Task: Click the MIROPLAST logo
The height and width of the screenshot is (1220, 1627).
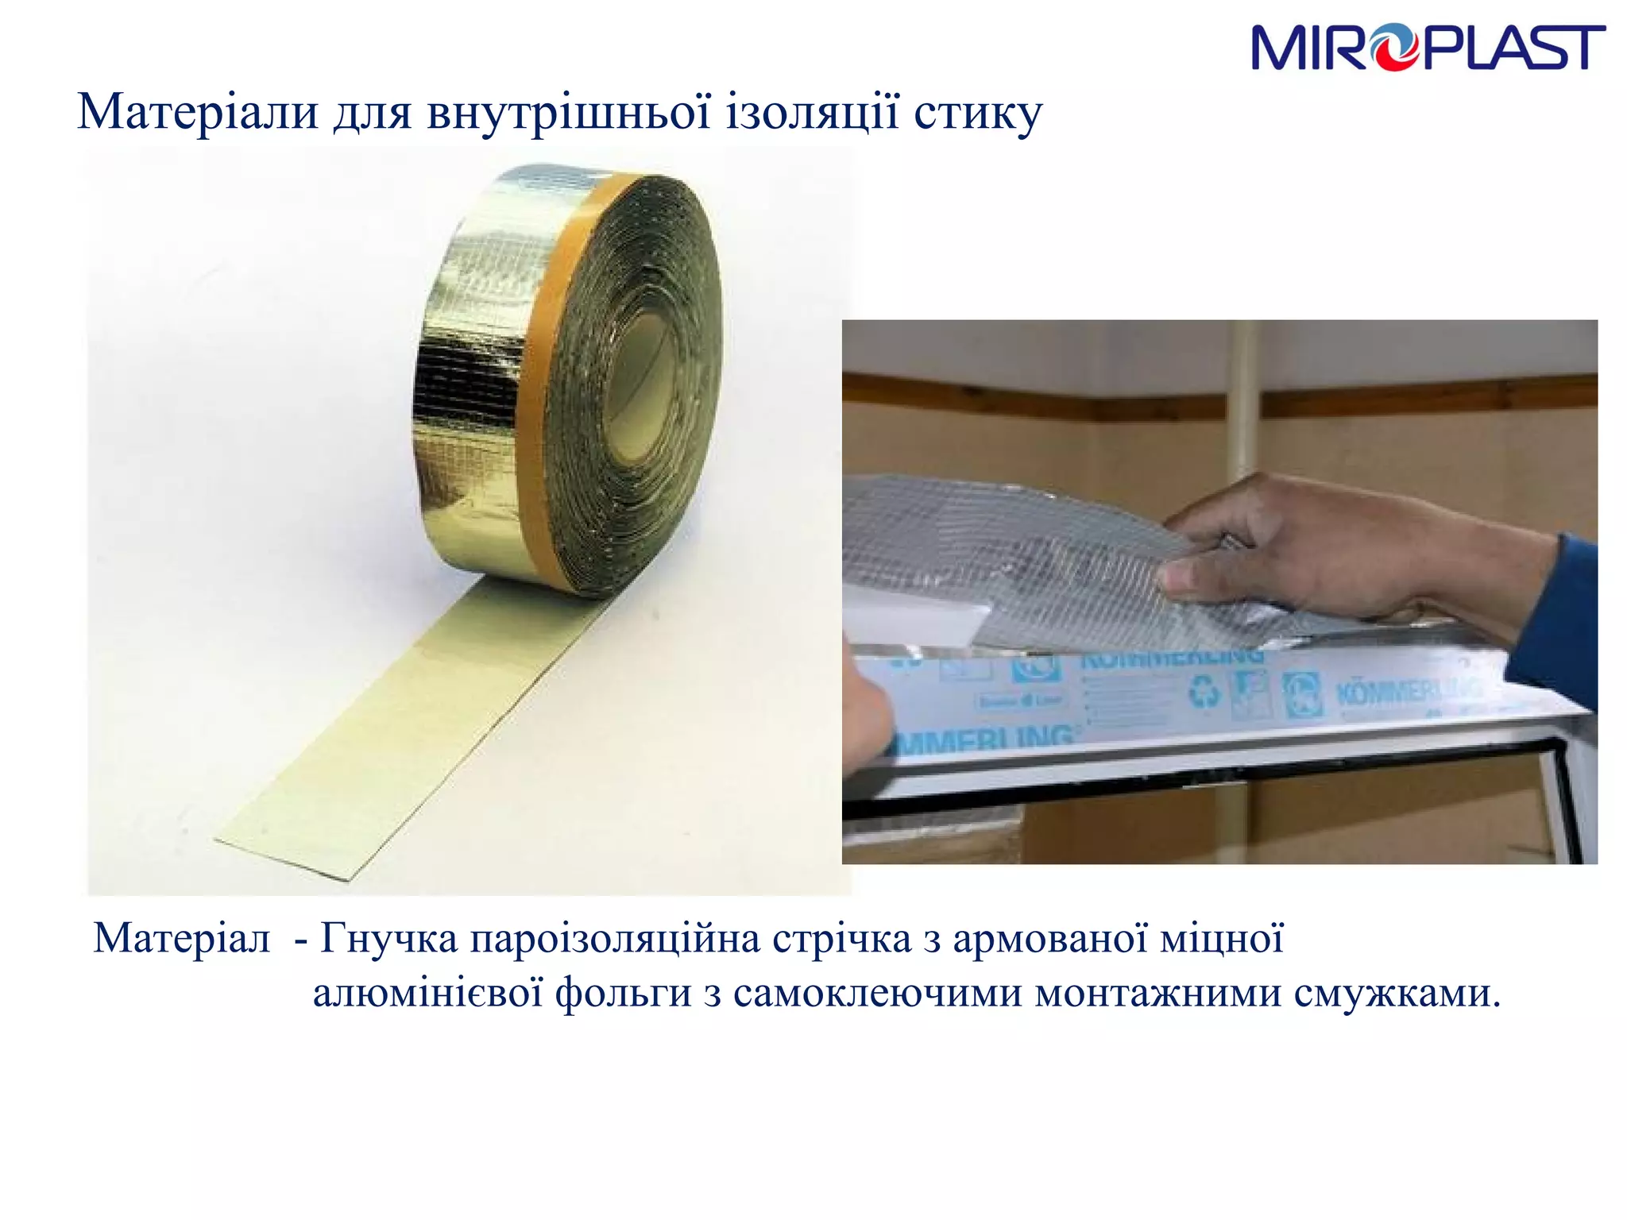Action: click(1428, 48)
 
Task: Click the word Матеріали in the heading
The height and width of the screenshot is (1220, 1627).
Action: click(198, 113)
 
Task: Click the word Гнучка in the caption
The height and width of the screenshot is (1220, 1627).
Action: click(388, 939)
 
